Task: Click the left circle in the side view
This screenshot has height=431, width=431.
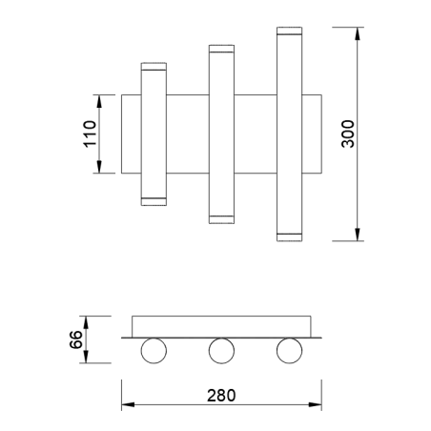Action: pyautogui.click(x=152, y=351)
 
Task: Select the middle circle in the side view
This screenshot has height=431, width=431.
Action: pyautogui.click(x=220, y=351)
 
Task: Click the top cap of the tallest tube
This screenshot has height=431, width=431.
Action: pyautogui.click(x=290, y=31)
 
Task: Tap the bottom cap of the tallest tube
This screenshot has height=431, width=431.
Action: pyautogui.click(x=290, y=235)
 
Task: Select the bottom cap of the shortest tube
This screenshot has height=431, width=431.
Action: pyautogui.click(x=154, y=200)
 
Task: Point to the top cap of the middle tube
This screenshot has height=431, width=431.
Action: pyautogui.click(x=221, y=49)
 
